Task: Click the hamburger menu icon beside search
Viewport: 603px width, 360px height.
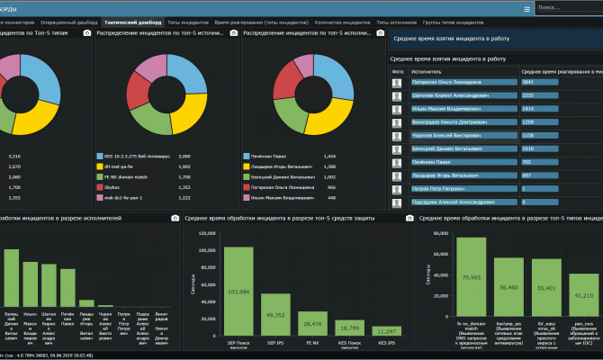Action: pos(526,8)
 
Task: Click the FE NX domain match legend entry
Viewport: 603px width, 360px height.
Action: pos(130,177)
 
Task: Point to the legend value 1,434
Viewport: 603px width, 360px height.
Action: pos(329,156)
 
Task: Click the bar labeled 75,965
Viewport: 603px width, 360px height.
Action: pos(471,283)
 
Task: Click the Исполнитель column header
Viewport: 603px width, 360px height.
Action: pos(426,70)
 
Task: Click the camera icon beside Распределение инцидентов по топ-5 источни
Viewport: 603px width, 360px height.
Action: pos(233,33)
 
